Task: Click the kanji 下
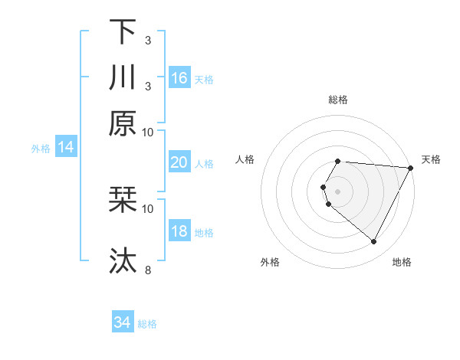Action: [123, 33]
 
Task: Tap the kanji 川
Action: [123, 77]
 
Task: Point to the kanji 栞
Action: [123, 201]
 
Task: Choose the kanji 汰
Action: [123, 261]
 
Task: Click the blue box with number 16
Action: [179, 78]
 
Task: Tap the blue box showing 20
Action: [179, 162]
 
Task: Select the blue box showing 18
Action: [179, 231]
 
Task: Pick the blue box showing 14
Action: [65, 147]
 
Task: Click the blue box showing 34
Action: [122, 322]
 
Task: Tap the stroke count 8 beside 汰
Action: [147, 270]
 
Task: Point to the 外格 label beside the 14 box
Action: [41, 148]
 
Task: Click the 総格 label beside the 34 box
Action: [147, 323]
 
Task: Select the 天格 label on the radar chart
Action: [431, 159]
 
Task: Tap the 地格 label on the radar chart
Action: [402, 262]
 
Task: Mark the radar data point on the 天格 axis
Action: [410, 168]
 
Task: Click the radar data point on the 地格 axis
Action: [374, 242]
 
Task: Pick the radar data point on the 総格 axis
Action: [338, 161]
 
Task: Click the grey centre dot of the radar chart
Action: [338, 191]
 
